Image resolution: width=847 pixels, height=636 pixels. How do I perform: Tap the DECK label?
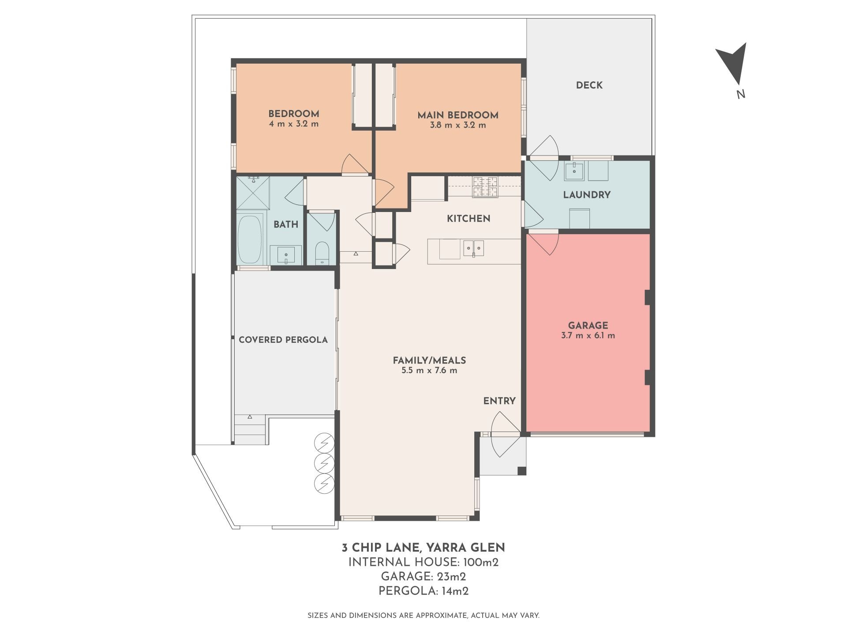coord(589,85)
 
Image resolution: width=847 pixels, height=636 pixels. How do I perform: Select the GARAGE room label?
coord(588,326)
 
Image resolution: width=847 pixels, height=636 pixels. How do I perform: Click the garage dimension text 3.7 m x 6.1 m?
coord(588,336)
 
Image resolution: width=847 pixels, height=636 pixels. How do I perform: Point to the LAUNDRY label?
coord(587,195)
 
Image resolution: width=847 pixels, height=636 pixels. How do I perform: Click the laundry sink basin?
coord(574,171)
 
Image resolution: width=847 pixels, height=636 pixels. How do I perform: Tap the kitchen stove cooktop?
coord(485,186)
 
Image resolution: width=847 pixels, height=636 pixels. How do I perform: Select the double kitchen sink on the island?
coord(473,249)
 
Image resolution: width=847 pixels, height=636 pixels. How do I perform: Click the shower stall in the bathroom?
coord(253,193)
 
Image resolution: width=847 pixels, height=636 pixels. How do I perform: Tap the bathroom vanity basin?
coord(286,255)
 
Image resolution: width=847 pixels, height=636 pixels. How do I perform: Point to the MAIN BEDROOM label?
coord(458,115)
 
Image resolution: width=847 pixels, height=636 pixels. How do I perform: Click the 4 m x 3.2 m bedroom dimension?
coord(294,124)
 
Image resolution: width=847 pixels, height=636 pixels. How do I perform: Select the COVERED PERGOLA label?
coord(283,340)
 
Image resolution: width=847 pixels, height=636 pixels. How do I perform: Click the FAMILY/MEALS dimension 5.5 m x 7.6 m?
coord(429,371)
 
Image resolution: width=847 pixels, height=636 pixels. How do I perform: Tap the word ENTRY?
coord(499,401)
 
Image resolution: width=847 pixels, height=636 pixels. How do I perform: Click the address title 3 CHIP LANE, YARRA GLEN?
coord(423,548)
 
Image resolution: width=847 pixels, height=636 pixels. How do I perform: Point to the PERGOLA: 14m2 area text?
coord(423,591)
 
